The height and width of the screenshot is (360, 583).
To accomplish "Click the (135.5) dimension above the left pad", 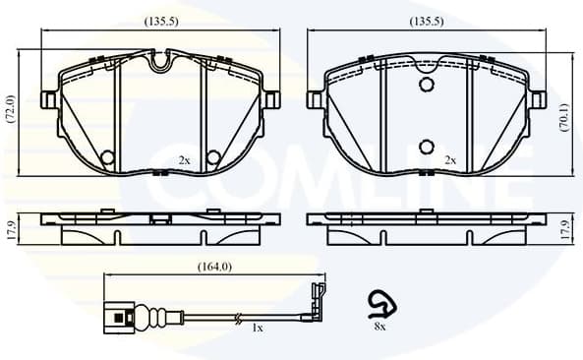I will [160, 21].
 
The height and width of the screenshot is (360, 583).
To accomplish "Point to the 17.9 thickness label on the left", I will [10, 229].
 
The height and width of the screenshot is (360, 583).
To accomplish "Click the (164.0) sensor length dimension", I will [214, 265].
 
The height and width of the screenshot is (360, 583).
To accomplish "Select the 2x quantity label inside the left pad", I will [184, 159].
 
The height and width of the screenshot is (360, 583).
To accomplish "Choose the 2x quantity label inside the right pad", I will [450, 159].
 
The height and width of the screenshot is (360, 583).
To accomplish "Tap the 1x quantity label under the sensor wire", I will [257, 328].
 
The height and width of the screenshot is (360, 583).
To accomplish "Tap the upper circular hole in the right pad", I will [426, 85].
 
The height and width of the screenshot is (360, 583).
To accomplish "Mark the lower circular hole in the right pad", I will [426, 147].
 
